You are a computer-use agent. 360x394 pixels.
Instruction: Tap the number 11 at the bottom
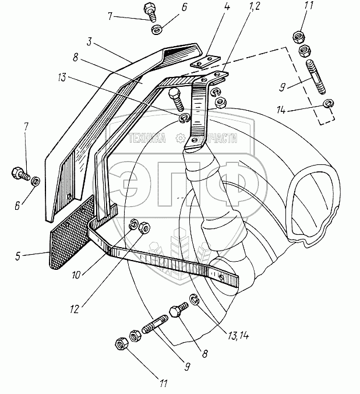point(163,384)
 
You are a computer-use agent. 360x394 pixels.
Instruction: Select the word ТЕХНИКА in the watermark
point(148,138)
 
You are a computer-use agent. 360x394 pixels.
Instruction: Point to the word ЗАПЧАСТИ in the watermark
point(217,138)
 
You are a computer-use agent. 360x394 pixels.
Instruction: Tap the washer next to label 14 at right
point(327,105)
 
